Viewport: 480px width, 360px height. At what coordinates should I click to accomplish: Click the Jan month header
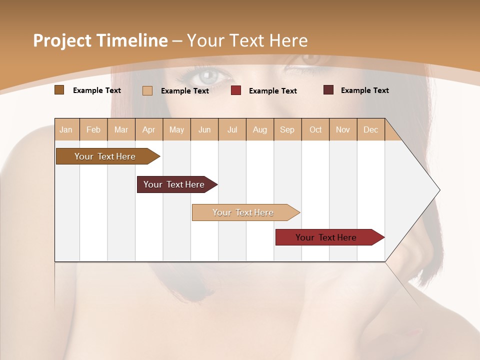(66, 130)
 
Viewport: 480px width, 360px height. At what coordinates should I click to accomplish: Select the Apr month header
(149, 130)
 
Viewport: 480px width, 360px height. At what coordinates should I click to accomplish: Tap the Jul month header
(232, 130)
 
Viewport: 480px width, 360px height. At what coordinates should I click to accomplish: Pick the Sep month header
(287, 130)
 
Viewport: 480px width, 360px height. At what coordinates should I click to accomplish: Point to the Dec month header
(370, 130)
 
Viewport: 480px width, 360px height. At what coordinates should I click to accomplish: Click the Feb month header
(93, 130)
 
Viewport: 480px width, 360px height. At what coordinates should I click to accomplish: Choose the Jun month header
(204, 130)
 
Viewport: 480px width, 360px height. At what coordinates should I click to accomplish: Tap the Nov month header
(343, 130)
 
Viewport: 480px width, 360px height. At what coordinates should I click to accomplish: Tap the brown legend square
(59, 90)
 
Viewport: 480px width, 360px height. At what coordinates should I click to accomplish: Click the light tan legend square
(147, 90)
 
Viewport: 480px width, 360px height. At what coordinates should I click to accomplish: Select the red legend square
(236, 90)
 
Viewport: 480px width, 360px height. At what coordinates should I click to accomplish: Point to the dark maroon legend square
(328, 90)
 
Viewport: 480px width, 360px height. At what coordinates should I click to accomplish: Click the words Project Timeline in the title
(100, 40)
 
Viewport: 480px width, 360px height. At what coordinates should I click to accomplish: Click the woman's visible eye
(208, 76)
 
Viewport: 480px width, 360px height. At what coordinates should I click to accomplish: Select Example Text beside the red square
(273, 91)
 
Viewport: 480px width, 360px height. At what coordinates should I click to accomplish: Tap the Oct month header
(315, 130)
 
